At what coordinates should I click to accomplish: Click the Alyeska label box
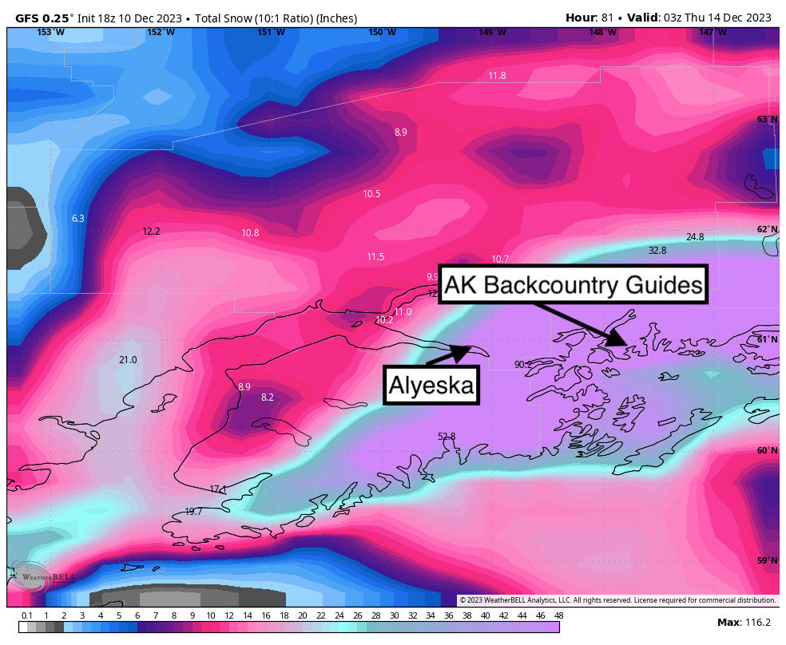(x=432, y=385)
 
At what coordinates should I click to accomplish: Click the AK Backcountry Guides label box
(x=574, y=285)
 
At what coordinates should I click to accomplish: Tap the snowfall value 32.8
(x=657, y=251)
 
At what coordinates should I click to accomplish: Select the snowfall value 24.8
(x=695, y=237)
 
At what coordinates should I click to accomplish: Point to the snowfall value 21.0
(x=128, y=360)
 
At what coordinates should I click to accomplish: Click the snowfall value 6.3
(x=77, y=219)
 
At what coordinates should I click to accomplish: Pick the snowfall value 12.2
(x=151, y=231)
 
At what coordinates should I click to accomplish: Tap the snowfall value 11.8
(x=497, y=76)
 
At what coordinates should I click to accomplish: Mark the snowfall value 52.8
(x=447, y=437)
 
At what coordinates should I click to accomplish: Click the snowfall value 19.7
(x=193, y=512)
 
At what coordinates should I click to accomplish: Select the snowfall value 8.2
(x=268, y=398)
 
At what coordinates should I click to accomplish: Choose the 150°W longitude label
(x=382, y=32)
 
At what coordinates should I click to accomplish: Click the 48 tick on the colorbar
(x=559, y=615)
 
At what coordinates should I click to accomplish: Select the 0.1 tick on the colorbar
(x=27, y=615)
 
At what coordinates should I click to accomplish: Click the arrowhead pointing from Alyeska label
(x=464, y=350)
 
